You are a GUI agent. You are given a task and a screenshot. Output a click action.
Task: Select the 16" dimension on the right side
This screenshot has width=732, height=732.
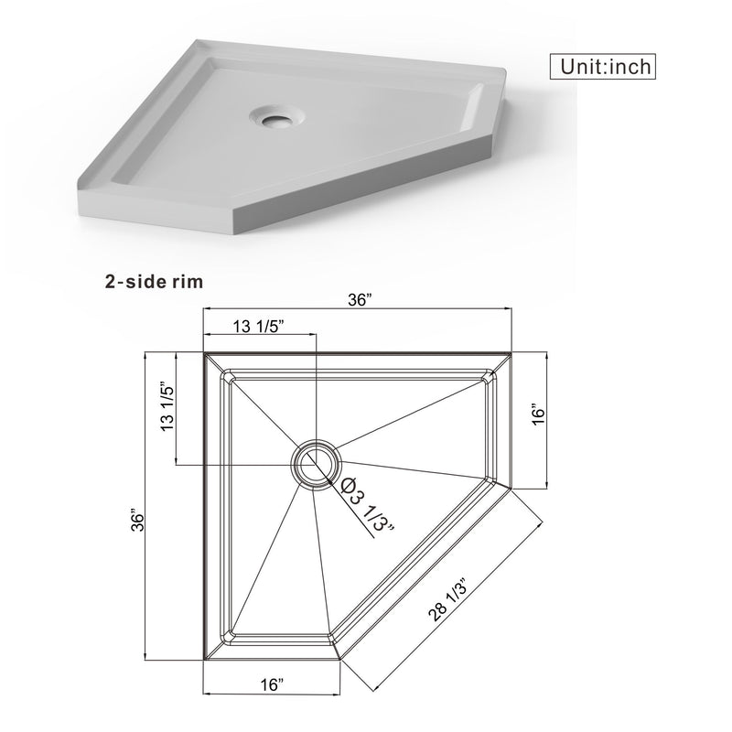[x=539, y=414]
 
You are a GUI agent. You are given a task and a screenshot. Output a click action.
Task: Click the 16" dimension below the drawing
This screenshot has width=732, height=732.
[x=271, y=684]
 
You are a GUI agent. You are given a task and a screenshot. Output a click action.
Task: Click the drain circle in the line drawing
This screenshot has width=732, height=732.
[x=315, y=463]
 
